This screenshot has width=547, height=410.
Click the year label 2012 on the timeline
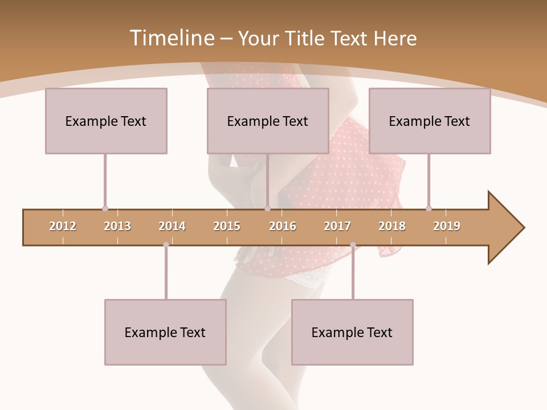pos(63,226)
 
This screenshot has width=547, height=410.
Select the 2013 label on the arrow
pos(117,226)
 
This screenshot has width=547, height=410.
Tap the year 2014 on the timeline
pos(172,226)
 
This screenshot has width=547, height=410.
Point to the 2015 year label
pos(227,226)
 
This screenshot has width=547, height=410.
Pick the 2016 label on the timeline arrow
pos(283,226)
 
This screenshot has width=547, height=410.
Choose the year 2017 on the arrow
pos(337,226)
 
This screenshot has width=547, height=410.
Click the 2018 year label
pos(392,226)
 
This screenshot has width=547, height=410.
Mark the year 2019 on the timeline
pos(447,226)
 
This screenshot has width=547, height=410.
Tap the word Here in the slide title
pos(395,38)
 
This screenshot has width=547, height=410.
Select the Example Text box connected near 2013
pos(106,121)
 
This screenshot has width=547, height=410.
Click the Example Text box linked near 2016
pos(268,121)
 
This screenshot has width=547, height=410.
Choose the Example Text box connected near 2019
pos(430,121)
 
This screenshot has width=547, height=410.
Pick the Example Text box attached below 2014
pos(165,332)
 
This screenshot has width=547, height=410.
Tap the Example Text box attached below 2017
pos(352,332)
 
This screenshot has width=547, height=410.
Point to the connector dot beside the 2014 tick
pos(166,245)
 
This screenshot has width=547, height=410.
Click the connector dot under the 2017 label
pos(353,245)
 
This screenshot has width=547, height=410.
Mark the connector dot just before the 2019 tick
pos(428,208)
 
